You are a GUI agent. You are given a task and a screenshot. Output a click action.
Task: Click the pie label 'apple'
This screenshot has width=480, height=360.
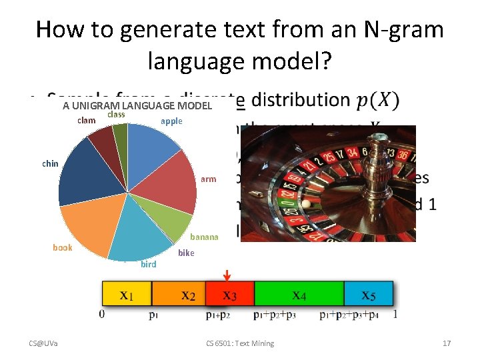click(171, 121)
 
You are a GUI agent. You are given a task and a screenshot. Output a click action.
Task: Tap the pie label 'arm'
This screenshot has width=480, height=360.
click(208, 179)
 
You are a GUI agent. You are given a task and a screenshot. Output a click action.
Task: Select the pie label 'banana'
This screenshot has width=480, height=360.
click(204, 237)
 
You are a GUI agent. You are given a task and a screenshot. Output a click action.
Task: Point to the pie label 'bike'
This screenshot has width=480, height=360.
click(186, 253)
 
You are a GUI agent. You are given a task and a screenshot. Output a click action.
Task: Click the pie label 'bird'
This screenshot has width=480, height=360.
click(149, 264)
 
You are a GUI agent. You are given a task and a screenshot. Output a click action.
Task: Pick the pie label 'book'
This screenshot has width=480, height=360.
click(63, 247)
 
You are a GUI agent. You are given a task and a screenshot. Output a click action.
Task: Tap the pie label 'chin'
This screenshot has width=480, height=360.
click(50, 163)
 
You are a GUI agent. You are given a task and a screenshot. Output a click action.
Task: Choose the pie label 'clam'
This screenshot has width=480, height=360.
click(87, 121)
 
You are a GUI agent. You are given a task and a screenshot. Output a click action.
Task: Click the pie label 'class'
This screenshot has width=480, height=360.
click(116, 114)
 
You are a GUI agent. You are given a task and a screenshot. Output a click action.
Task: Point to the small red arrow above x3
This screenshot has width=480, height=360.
click(227, 274)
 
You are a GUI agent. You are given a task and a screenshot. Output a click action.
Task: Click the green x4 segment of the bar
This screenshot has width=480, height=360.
click(298, 294)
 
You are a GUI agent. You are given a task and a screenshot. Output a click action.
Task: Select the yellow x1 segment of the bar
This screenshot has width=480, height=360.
click(127, 294)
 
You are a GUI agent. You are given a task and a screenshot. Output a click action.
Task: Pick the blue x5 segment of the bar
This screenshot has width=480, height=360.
click(367, 294)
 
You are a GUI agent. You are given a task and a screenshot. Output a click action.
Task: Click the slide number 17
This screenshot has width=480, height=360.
click(447, 343)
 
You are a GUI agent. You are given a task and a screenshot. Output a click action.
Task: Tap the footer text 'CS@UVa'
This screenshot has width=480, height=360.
click(43, 343)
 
